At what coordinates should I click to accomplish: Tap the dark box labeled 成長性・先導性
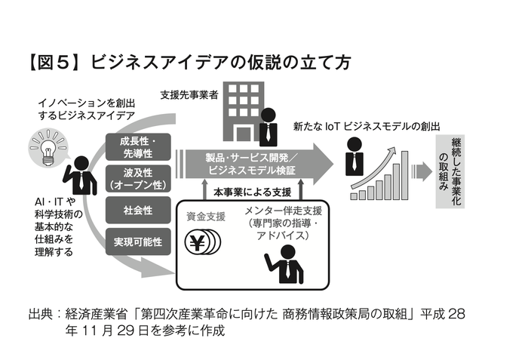pyautogui.click(x=137, y=146)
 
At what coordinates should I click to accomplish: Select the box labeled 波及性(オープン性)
pyautogui.click(x=137, y=178)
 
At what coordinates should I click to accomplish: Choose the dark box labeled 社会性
pyautogui.click(x=137, y=210)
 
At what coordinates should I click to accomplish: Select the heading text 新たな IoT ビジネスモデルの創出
pyautogui.click(x=366, y=127)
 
